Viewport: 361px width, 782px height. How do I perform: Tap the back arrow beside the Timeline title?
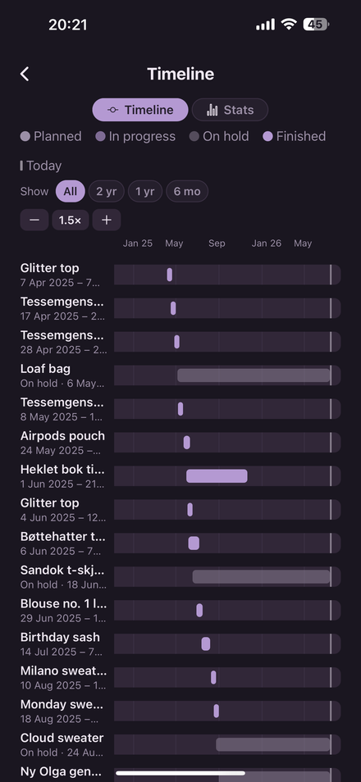[x=25, y=74]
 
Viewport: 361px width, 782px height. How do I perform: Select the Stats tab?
[x=230, y=110]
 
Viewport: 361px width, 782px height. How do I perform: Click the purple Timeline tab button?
[x=140, y=110]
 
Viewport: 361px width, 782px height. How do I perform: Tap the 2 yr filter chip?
[x=107, y=192]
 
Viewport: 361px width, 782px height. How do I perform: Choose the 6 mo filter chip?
[x=187, y=192]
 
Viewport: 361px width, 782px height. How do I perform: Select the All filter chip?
[x=71, y=192]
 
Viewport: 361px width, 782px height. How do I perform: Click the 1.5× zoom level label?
[x=71, y=220]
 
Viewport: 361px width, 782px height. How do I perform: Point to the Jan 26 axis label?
[x=267, y=243]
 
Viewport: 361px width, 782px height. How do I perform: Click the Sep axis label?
[x=217, y=243]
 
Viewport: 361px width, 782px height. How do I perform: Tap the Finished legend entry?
[x=294, y=136]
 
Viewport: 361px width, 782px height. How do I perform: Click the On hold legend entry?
[x=219, y=136]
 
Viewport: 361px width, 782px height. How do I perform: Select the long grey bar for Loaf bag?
[x=254, y=375]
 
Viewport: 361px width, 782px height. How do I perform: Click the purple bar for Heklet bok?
[x=217, y=476]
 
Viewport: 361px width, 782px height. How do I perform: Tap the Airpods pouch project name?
[x=62, y=436]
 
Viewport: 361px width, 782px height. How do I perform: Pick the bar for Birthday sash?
[x=206, y=643]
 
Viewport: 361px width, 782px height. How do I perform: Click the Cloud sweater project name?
[x=62, y=738]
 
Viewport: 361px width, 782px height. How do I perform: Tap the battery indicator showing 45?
[x=316, y=24]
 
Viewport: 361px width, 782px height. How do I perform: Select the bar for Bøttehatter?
[x=194, y=543]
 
